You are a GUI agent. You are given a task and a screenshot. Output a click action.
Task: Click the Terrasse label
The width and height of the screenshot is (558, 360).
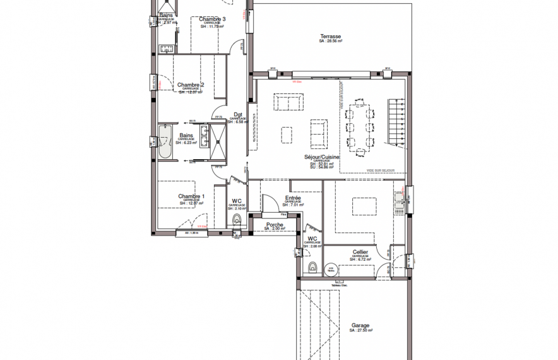pyautogui.click(x=330, y=37)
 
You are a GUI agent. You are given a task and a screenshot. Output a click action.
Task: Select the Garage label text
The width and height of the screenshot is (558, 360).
pyautogui.click(x=360, y=326)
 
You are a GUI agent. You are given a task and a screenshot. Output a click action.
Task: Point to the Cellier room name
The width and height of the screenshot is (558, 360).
pyautogui.click(x=360, y=251)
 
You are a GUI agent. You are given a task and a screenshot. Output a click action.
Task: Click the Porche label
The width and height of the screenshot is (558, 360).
pyautogui.click(x=275, y=224)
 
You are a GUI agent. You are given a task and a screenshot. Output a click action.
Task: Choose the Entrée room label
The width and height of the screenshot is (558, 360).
pyautogui.click(x=293, y=198)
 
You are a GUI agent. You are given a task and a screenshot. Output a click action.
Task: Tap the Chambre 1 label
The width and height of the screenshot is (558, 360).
pyautogui.click(x=190, y=196)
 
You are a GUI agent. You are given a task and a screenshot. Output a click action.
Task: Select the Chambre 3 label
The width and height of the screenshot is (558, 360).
pyautogui.click(x=211, y=19)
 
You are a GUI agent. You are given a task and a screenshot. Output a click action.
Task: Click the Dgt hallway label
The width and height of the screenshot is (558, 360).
pyautogui.click(x=238, y=114)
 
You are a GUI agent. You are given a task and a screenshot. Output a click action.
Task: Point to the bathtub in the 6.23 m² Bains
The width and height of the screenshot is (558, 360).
pyautogui.click(x=166, y=140)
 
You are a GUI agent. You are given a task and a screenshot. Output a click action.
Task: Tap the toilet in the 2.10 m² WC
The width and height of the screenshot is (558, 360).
pyautogui.click(x=237, y=220)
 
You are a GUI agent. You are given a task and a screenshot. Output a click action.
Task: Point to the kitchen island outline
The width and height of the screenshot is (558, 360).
pyautogui.click(x=364, y=207)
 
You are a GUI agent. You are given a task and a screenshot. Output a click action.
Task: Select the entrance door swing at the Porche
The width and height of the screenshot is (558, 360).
pyautogui.click(x=270, y=204)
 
